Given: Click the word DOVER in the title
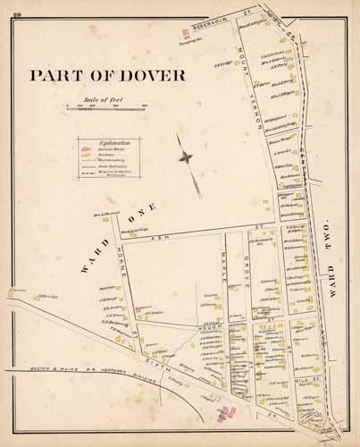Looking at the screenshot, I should [x=152, y=75].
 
